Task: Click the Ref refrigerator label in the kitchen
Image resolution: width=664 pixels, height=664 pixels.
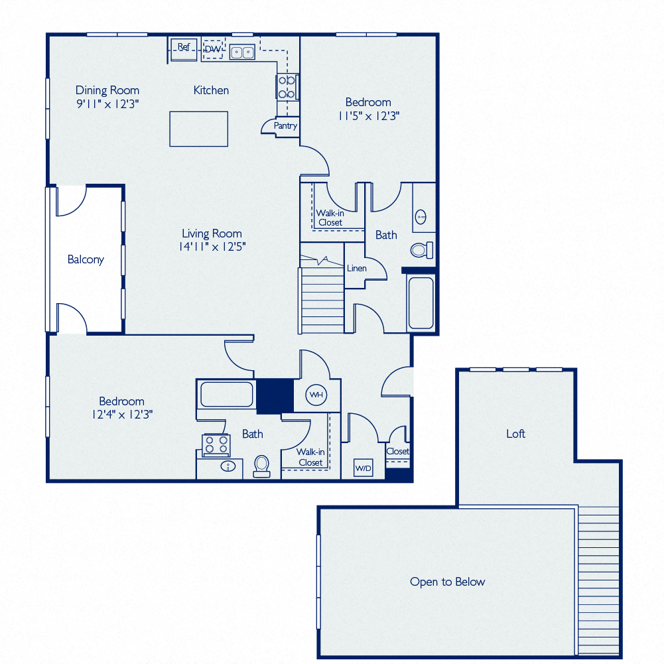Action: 184,47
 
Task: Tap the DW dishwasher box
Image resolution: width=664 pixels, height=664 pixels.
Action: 212,49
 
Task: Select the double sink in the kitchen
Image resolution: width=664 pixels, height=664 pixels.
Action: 243,52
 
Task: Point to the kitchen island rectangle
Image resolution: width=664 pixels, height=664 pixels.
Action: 199,129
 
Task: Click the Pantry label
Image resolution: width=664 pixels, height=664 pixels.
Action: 286,126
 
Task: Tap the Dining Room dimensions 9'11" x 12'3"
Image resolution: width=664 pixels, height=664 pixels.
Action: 107,103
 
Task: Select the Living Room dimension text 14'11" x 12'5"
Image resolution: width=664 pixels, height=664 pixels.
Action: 212,247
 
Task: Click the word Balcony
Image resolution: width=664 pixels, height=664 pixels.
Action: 86,259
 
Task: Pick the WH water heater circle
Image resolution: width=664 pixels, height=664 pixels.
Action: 316,395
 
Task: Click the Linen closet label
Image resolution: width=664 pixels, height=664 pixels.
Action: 356,268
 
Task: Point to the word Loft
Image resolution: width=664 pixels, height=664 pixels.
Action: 515,433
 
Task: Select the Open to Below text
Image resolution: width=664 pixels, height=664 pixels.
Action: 447,582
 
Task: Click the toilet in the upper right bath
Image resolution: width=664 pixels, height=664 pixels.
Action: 421,250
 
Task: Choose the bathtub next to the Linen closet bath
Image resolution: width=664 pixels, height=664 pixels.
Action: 421,303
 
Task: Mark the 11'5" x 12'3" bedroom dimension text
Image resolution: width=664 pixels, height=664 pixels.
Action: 368,115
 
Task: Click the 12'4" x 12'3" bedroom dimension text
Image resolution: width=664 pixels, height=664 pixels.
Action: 122,415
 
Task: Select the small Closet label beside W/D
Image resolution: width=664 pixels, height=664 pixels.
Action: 398,451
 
